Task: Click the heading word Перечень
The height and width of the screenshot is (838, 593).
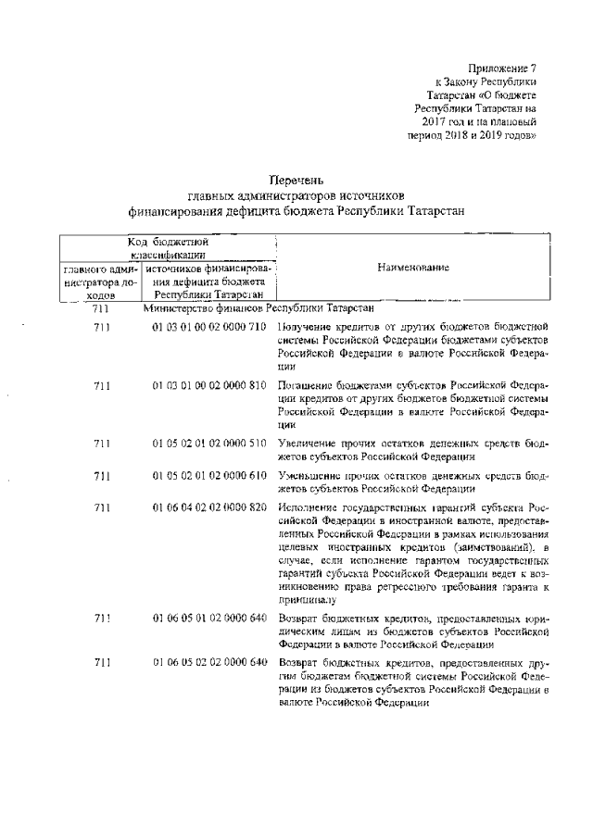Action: pos(296,180)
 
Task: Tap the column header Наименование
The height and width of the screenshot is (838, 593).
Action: pos(413,268)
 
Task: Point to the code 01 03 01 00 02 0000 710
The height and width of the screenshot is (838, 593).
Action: pos(210,327)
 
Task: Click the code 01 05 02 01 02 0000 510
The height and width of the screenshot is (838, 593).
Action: pos(210,444)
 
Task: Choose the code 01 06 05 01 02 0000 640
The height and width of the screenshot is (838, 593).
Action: pos(210,616)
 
